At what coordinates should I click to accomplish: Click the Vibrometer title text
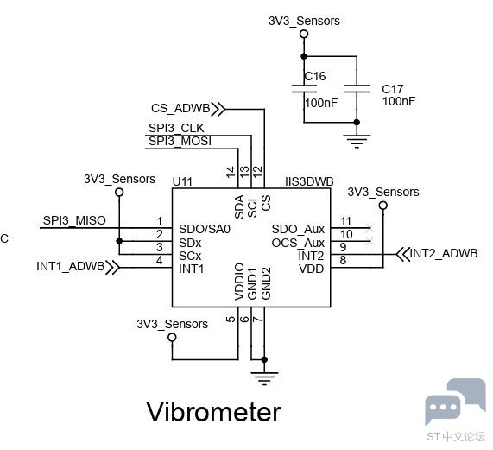point(213,412)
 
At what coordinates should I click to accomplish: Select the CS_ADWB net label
point(180,108)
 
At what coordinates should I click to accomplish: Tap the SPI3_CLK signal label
point(176,128)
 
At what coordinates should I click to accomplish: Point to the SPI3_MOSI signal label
point(180,141)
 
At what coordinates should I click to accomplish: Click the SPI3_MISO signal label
point(74,220)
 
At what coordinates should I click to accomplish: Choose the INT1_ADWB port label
point(71,266)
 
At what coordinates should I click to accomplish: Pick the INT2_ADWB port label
point(444,253)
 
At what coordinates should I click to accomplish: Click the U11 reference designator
point(182,181)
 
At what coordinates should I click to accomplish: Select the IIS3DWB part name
point(309,181)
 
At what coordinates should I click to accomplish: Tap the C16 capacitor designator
point(315,76)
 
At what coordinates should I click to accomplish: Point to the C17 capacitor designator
point(392,89)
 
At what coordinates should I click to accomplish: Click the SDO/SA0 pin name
point(205,229)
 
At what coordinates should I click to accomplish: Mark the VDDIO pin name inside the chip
point(239,282)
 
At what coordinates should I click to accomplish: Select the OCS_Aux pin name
point(298,243)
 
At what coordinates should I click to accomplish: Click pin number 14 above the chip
point(231,173)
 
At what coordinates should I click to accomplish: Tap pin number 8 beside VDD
point(343,260)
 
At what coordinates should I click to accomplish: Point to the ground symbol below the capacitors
point(357,141)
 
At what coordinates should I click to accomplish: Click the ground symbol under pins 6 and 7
point(264,378)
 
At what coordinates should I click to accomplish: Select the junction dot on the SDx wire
point(119,241)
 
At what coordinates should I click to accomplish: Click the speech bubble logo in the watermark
point(455,401)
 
